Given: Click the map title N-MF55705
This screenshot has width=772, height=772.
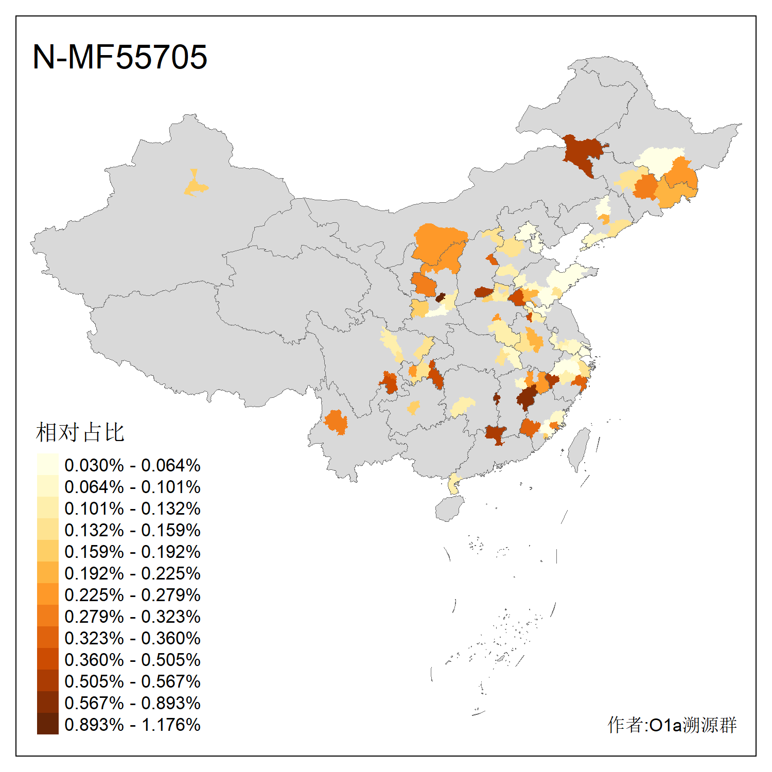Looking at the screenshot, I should click(x=119, y=57).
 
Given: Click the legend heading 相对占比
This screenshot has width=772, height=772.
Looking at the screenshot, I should click(x=80, y=432).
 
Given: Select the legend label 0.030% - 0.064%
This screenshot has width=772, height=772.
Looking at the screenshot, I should click(x=132, y=465).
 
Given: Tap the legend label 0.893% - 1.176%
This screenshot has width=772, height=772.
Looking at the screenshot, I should click(x=132, y=725).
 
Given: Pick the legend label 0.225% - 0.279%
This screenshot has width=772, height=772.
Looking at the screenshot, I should click(x=132, y=595).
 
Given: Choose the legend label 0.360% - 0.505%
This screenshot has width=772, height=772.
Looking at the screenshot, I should click(x=132, y=660).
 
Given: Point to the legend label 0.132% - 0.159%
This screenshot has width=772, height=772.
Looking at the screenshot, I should click(x=132, y=530).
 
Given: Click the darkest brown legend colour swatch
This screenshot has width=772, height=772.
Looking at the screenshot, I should click(x=47, y=724).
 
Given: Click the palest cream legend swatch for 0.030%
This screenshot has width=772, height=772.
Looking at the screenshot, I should click(x=47, y=464).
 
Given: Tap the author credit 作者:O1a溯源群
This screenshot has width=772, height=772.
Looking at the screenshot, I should click(x=672, y=725).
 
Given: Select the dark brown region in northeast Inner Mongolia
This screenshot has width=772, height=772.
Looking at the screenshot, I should click(x=583, y=153).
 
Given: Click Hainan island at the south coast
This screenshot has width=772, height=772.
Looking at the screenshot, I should click(x=449, y=508).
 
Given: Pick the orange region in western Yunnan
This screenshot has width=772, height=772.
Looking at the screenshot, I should click(x=336, y=422).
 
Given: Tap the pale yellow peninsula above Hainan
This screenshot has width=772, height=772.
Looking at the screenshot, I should click(x=453, y=483).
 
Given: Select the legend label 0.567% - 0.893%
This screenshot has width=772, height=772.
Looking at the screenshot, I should click(x=132, y=703).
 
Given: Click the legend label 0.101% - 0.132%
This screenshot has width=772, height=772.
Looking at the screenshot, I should click(x=132, y=508).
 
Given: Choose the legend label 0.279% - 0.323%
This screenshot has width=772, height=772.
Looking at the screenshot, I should click(x=132, y=617).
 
